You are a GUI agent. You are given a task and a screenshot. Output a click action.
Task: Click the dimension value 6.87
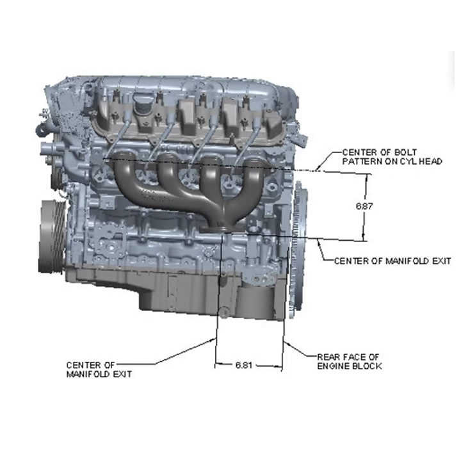tap(364, 206)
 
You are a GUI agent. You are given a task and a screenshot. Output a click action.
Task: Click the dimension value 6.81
tap(244, 365)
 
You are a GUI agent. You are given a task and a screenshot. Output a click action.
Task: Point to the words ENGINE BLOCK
tap(350, 366)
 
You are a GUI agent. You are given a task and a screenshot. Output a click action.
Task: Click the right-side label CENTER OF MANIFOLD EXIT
tap(392, 261)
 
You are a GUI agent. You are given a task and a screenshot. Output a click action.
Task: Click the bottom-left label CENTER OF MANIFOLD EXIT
tap(99, 369)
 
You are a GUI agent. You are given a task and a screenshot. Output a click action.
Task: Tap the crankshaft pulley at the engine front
tap(53, 236)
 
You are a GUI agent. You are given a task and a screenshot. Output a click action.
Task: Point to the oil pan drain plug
tap(223, 312)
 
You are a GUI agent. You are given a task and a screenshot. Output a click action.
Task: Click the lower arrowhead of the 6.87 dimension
tap(364, 238)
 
